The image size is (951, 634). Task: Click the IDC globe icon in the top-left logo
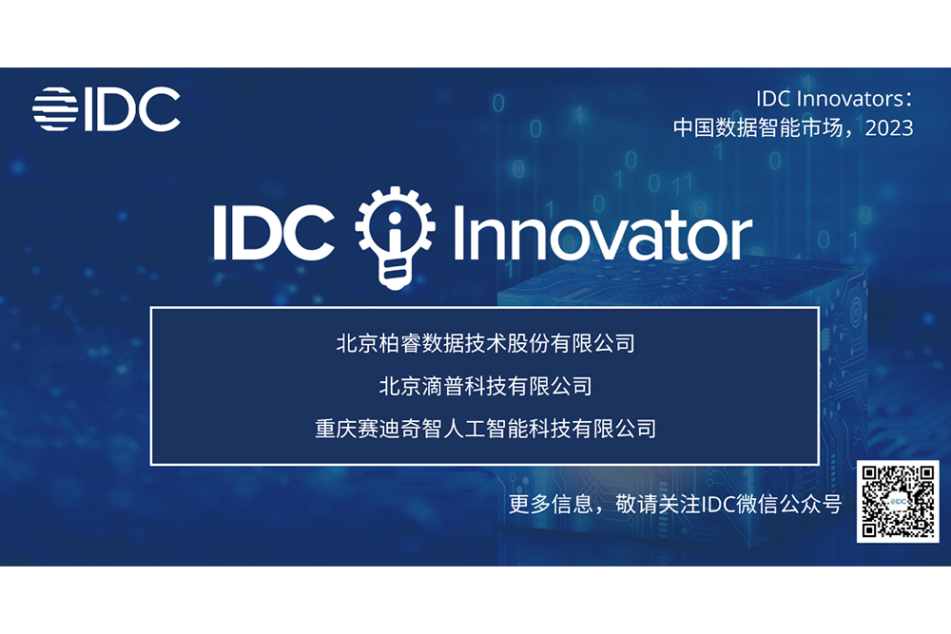pyautogui.click(x=55, y=109)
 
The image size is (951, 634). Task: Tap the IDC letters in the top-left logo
pyautogui.click(x=132, y=109)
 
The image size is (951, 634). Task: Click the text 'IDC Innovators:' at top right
pyautogui.click(x=834, y=99)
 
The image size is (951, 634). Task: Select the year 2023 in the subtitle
pyautogui.click(x=889, y=128)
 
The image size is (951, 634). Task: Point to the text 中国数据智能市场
pyautogui.click(x=758, y=128)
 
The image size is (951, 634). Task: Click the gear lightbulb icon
pyautogui.click(x=395, y=238)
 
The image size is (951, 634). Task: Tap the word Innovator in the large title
pyautogui.click(x=603, y=234)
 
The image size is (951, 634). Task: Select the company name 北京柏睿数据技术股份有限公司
pyautogui.click(x=485, y=344)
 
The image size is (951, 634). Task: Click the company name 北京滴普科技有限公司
pyautogui.click(x=485, y=386)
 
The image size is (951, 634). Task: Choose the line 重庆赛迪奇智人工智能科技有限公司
pyautogui.click(x=485, y=429)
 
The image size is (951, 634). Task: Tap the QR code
pyautogui.click(x=898, y=501)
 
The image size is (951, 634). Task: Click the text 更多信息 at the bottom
pyautogui.click(x=551, y=504)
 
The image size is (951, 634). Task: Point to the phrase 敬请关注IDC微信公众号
pyautogui.click(x=728, y=504)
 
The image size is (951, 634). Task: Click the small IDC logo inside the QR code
pyautogui.click(x=898, y=502)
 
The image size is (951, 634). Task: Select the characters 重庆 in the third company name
pyautogui.click(x=336, y=429)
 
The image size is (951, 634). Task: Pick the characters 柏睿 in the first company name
pyautogui.click(x=399, y=344)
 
